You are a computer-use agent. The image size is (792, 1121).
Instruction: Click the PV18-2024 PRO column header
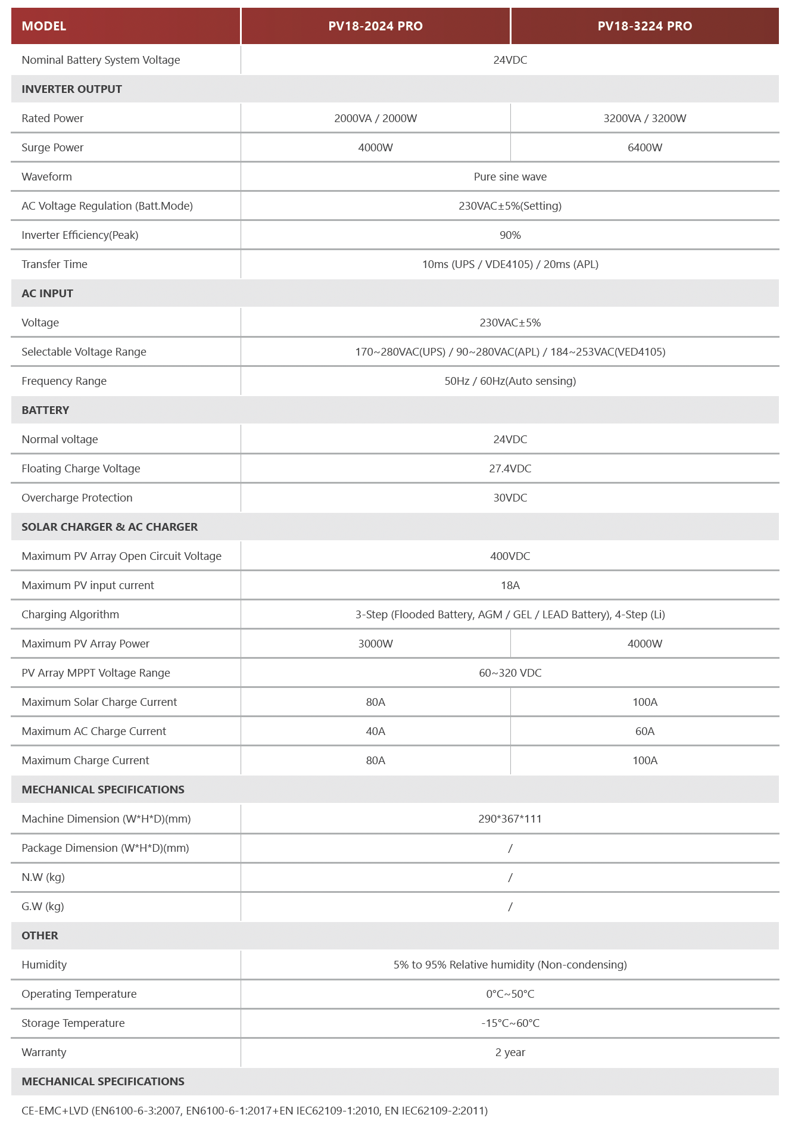(375, 26)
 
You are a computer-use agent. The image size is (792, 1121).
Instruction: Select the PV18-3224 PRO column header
(644, 26)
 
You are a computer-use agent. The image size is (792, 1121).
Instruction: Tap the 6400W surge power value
(644, 148)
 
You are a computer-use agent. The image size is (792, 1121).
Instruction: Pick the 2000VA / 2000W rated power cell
(375, 119)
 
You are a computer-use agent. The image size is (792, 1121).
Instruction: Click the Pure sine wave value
(510, 177)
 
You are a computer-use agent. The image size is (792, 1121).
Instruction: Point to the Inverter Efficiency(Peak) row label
(80, 235)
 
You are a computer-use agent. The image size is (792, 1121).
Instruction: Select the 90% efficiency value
(510, 235)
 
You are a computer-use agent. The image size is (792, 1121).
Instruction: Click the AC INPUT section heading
(47, 294)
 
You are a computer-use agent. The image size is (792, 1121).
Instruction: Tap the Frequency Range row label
(64, 381)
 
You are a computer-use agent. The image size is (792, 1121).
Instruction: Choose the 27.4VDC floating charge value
(510, 469)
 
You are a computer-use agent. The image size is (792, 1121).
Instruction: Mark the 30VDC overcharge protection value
(510, 498)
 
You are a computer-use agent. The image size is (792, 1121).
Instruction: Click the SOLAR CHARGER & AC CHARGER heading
(110, 527)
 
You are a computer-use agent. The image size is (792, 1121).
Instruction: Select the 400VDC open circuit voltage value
(510, 556)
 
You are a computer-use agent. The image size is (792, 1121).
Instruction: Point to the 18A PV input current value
(510, 586)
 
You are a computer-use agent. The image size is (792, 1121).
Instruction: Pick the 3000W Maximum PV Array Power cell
(375, 644)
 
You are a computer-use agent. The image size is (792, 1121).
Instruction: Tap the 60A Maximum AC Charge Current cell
(644, 731)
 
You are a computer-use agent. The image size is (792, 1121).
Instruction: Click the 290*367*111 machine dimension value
(510, 819)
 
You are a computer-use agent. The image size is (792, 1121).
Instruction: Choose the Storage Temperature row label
(73, 1023)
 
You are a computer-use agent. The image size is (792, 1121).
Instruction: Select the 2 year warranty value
(510, 1053)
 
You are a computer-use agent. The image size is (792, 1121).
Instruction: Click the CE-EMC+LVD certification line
(254, 1111)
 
